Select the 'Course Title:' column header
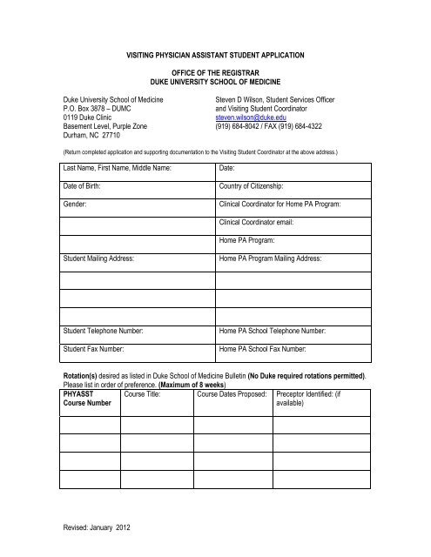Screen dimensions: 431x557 click(x=146, y=395)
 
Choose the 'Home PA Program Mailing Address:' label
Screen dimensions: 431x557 click(x=272, y=259)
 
